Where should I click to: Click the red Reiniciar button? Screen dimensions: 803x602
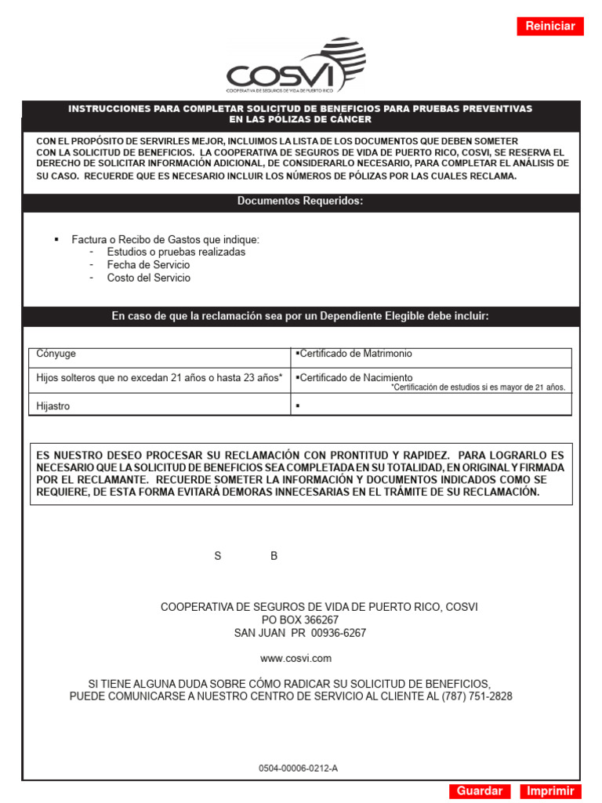coord(550,26)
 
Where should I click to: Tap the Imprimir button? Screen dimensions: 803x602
coord(550,791)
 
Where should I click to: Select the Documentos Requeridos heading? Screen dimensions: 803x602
coord(301,202)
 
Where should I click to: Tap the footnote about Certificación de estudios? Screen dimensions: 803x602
coord(478,387)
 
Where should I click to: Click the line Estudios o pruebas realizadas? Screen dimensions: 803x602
coord(176,252)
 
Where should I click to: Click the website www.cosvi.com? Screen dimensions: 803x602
coord(296,659)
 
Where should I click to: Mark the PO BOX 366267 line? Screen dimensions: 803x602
coord(300,620)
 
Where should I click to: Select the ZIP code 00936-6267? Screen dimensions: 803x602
coord(339,633)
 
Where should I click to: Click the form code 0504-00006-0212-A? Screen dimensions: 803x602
coord(298,768)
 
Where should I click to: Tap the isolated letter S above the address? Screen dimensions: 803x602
coord(218,556)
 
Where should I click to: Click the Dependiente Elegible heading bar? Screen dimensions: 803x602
coord(301,316)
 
